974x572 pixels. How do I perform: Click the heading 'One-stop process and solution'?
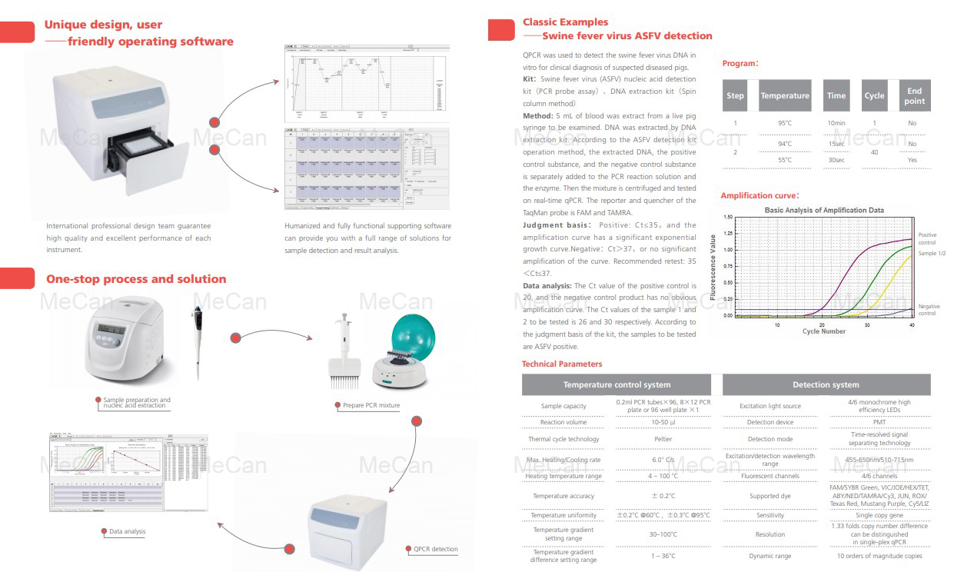coord(136,279)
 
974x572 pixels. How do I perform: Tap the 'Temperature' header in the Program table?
coord(784,95)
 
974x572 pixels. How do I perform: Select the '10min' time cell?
coord(836,123)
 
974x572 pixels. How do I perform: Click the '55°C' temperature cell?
coord(784,160)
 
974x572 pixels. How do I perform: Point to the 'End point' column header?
coord(914,95)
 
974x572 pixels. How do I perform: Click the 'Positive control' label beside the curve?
coord(927,238)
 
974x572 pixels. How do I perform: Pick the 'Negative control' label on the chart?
coord(929,310)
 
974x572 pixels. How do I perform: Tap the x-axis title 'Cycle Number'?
coord(823,331)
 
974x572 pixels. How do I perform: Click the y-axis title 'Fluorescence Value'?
coord(713,267)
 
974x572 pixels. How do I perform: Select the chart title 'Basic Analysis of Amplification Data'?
coord(823,210)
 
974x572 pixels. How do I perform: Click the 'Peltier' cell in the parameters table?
coord(663,439)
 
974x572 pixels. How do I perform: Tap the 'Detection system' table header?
coord(826,384)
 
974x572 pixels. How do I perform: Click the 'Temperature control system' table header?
coord(617,384)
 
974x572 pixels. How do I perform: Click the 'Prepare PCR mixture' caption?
coord(371,405)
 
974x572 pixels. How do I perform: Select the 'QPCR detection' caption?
coord(435,549)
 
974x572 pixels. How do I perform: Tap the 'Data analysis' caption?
coord(127,531)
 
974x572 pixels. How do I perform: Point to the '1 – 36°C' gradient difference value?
coord(663,556)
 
